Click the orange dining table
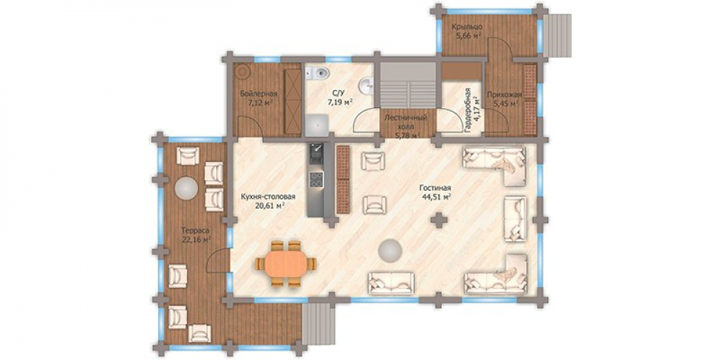point(286,264)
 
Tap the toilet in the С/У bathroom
point(318,72)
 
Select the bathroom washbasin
point(366,86)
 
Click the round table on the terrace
point(186,188)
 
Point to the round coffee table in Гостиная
point(390,251)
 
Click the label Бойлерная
point(259,94)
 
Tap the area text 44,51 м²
point(436,197)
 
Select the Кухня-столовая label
point(268,197)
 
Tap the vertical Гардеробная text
point(467,110)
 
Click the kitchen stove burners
point(316,179)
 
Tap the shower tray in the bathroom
point(318,125)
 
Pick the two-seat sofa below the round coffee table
point(391,283)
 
